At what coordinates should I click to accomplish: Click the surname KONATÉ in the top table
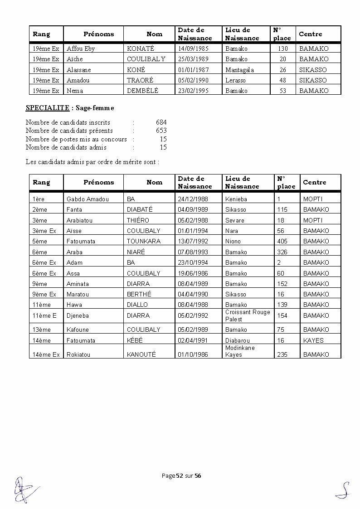[141, 48]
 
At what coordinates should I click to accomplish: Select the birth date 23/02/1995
[194, 91]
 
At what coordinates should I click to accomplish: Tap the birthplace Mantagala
[239, 70]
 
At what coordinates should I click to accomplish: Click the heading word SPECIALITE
[47, 108]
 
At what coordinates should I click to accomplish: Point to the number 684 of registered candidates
[161, 122]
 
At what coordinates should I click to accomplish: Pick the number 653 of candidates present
[161, 131]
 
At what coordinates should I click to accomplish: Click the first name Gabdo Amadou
[88, 199]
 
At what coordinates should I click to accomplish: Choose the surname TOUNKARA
[143, 241]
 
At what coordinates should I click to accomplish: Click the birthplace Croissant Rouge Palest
[248, 315]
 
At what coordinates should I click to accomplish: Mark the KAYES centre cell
[313, 340]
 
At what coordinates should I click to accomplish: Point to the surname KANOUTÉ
[141, 354]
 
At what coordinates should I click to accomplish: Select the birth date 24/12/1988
[193, 199]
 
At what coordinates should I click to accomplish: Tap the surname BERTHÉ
[139, 294]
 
